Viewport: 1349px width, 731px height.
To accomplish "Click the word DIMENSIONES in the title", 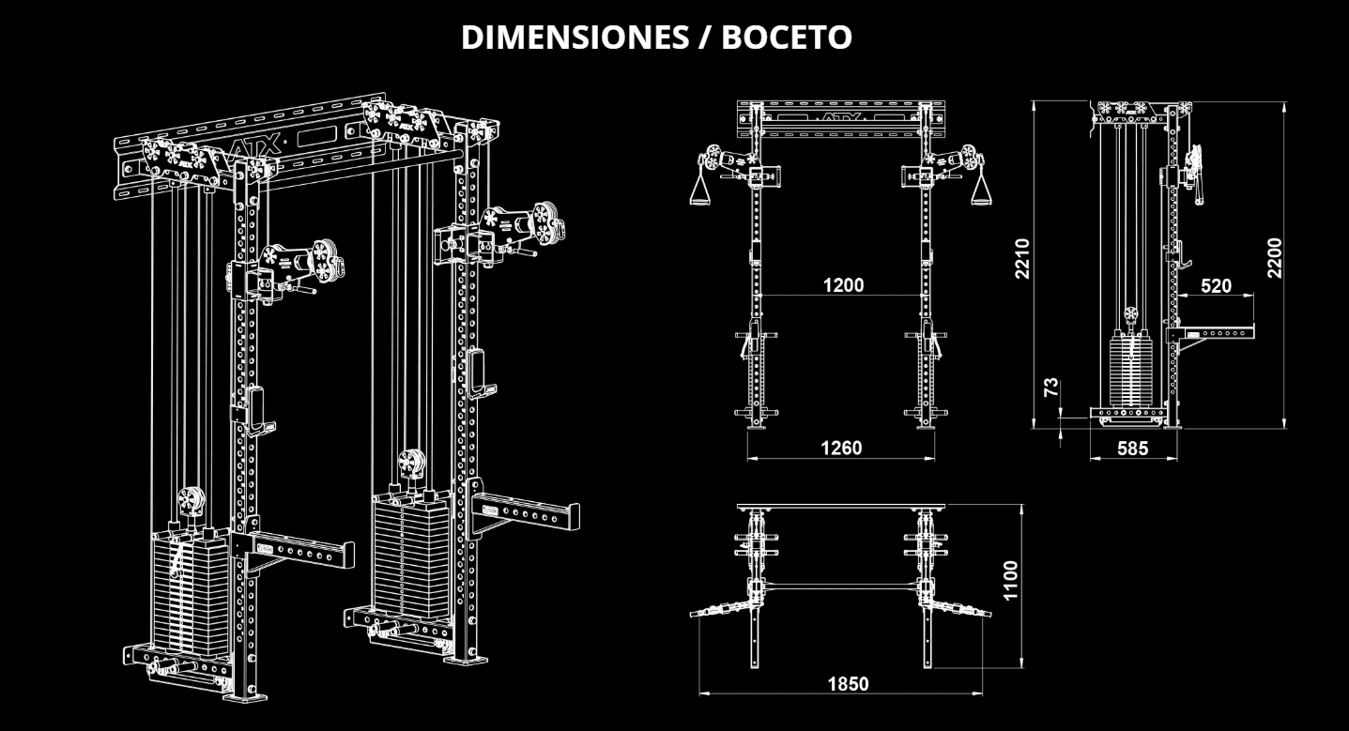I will tap(576, 38).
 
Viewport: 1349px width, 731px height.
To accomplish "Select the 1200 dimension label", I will tap(843, 285).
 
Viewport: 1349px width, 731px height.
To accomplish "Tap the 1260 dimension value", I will tap(841, 449).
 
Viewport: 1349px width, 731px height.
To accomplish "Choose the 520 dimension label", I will tap(1216, 285).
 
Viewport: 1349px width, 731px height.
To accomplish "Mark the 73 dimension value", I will tap(1052, 386).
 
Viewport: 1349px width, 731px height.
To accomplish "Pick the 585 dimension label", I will tap(1132, 449).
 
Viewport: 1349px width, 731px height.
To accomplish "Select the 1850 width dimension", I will tap(848, 683).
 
